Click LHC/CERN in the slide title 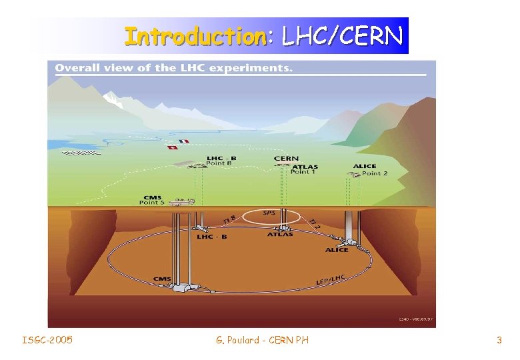pyautogui.click(x=342, y=37)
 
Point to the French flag pyautogui.click(x=184, y=141)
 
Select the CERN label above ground pyautogui.click(x=287, y=159)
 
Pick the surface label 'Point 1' pyautogui.click(x=303, y=173)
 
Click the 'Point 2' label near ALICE pyautogui.click(x=375, y=173)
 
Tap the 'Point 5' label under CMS pyautogui.click(x=152, y=203)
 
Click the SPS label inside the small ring pyautogui.click(x=269, y=213)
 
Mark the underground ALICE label pyautogui.click(x=337, y=250)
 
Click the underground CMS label pyautogui.click(x=162, y=279)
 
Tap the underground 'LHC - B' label pyautogui.click(x=211, y=237)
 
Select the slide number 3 pyautogui.click(x=499, y=341)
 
